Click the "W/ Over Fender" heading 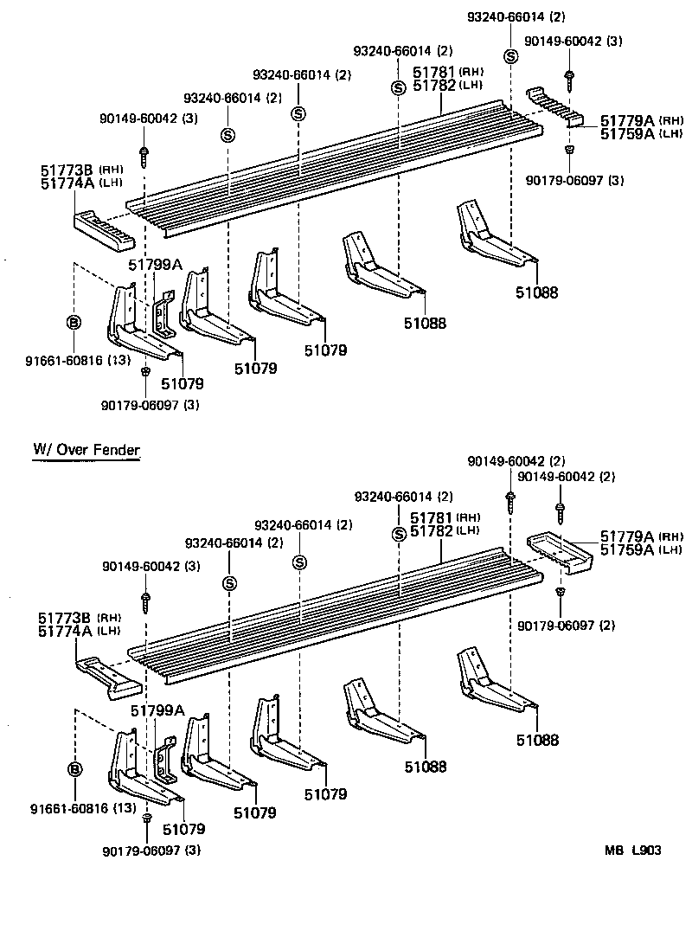[x=86, y=450]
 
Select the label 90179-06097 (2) [x=567, y=625]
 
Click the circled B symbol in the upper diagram [x=74, y=323]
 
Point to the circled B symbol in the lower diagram [x=74, y=769]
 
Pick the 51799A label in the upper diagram [x=156, y=265]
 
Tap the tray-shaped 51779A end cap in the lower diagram [x=561, y=553]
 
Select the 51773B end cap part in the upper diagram [x=101, y=229]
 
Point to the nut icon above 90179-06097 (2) [x=560, y=592]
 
